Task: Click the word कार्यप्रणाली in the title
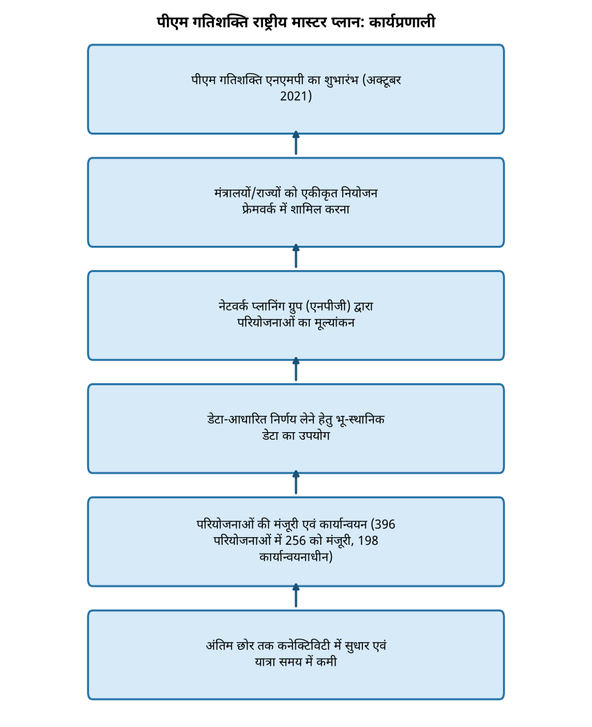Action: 402,22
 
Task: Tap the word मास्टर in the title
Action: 309,22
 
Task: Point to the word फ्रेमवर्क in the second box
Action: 259,209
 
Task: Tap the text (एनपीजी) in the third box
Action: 328,307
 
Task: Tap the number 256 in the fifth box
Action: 295,541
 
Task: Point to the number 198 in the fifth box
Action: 368,541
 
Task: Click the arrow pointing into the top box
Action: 296,143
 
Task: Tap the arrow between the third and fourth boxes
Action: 296,369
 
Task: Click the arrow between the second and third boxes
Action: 296,256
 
